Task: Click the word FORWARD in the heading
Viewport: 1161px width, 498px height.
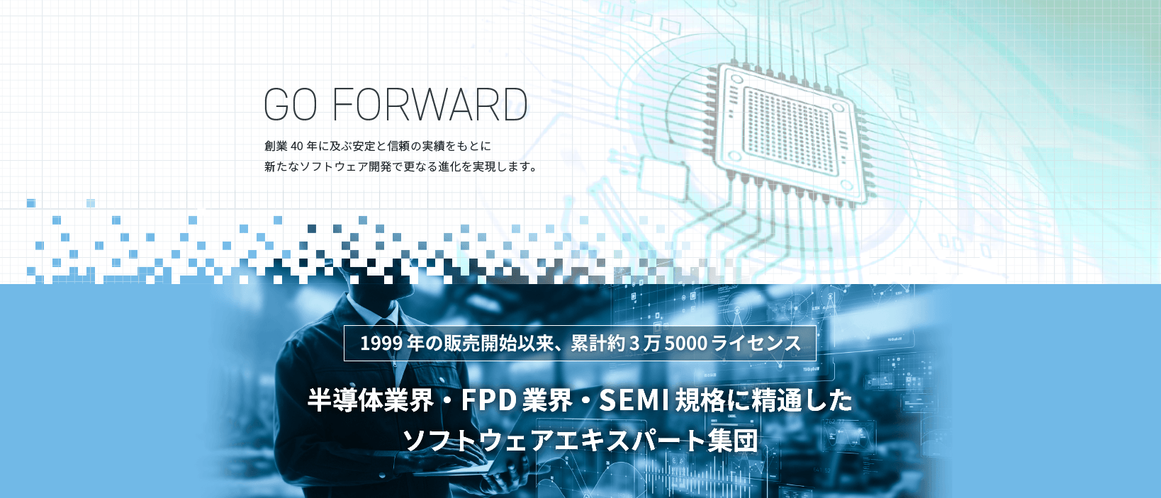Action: [430, 105]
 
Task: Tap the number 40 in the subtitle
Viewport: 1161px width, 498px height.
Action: [296, 146]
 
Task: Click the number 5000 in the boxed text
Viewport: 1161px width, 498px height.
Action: [686, 344]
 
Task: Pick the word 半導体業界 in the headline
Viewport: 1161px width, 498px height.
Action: [370, 401]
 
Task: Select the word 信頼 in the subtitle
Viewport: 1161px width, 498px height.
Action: [398, 146]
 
